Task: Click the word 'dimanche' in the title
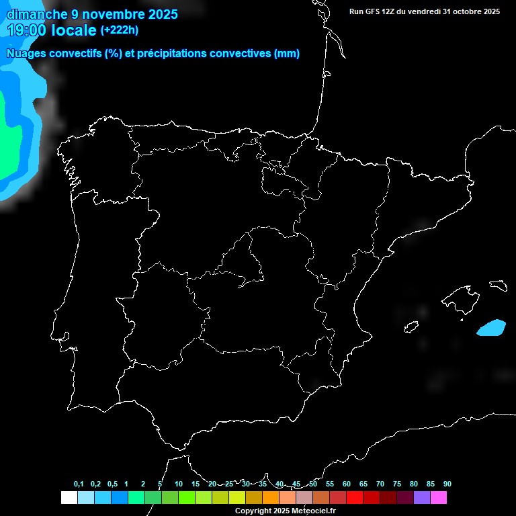pos(37,13)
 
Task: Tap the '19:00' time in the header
pos(27,30)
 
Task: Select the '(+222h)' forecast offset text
pos(119,30)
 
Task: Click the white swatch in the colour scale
pos(69,498)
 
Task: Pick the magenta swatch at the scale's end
pos(439,498)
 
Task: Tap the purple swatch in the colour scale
pos(422,498)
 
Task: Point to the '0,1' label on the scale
pos(79,484)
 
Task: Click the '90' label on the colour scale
pos(447,484)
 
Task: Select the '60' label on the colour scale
pos(347,484)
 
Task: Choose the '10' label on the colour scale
pos(179,484)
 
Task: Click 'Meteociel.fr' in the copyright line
pos(313,511)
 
